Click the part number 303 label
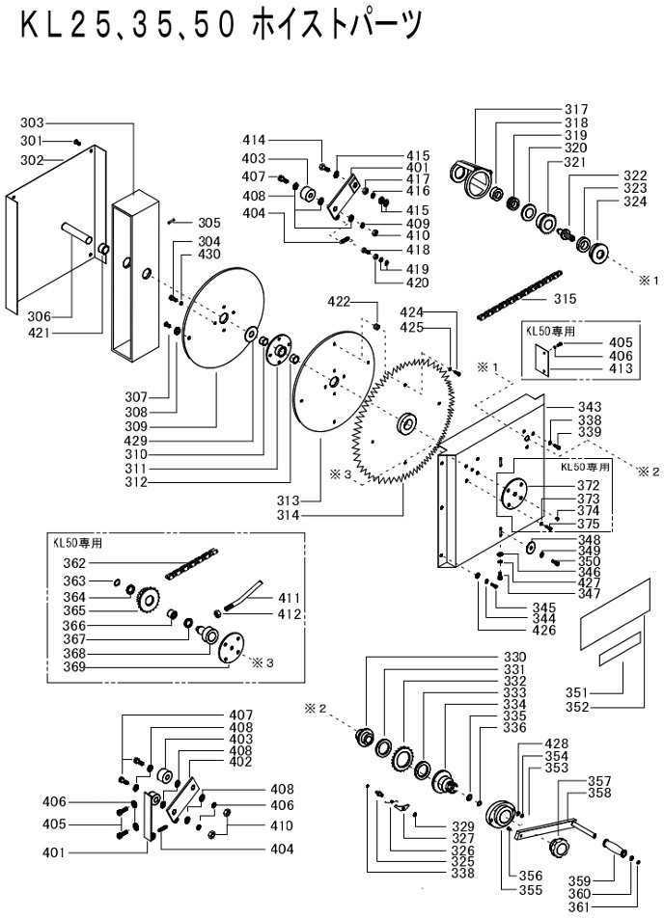[x=32, y=123]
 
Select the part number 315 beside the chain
[x=565, y=299]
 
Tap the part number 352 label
[x=577, y=707]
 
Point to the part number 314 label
[x=288, y=515]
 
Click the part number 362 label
[x=74, y=563]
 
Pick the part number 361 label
[x=580, y=906]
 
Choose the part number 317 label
[x=576, y=110]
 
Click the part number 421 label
[x=40, y=333]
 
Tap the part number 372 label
[x=589, y=485]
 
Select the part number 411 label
[x=289, y=598]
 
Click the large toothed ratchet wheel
[x=403, y=421]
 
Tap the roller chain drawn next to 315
[x=518, y=294]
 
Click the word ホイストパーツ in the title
[x=337, y=26]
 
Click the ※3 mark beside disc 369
[x=262, y=662]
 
